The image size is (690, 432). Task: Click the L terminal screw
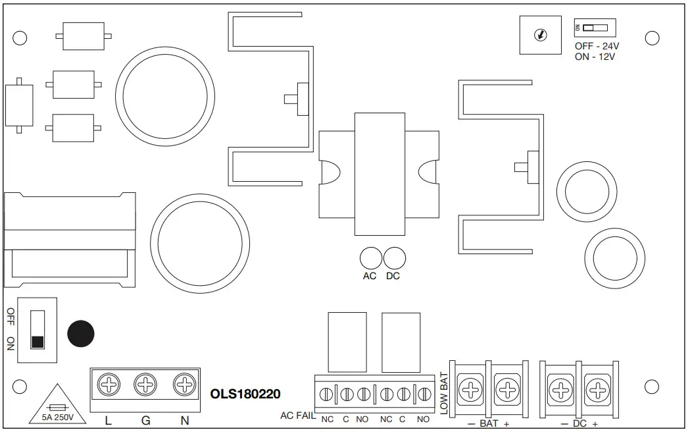(x=108, y=383)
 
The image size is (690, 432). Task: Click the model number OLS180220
(x=245, y=394)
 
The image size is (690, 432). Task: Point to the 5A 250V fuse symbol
(x=55, y=408)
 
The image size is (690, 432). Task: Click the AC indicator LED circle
(x=370, y=257)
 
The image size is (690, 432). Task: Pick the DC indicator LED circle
(x=393, y=257)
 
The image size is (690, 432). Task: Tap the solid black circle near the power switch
(x=81, y=334)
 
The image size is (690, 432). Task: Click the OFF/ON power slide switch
(x=37, y=329)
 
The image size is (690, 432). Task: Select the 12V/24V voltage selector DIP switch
(x=595, y=28)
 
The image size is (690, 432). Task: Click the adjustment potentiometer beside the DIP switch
(x=541, y=35)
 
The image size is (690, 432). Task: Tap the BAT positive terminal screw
(x=507, y=391)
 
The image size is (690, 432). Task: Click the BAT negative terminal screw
(x=470, y=391)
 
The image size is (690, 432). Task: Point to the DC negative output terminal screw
(x=560, y=391)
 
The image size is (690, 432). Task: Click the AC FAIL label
(x=298, y=416)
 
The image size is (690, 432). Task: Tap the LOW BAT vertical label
(x=443, y=393)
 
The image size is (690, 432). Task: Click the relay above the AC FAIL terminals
(x=347, y=342)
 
